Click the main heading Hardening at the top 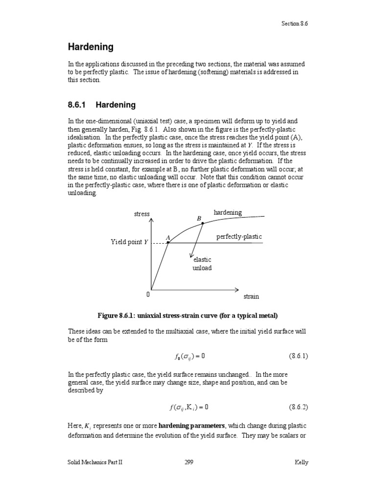click(x=91, y=47)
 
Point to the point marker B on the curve click(x=203, y=224)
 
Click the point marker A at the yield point click(x=168, y=242)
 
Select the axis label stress click(x=141, y=214)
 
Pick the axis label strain click(x=251, y=296)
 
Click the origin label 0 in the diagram click(x=147, y=295)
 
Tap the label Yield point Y click(x=129, y=242)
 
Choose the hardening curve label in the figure click(x=228, y=212)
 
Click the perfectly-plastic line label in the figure click(x=239, y=237)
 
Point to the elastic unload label click(x=202, y=264)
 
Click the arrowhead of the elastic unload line click(x=191, y=255)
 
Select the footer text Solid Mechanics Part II click(x=95, y=462)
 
